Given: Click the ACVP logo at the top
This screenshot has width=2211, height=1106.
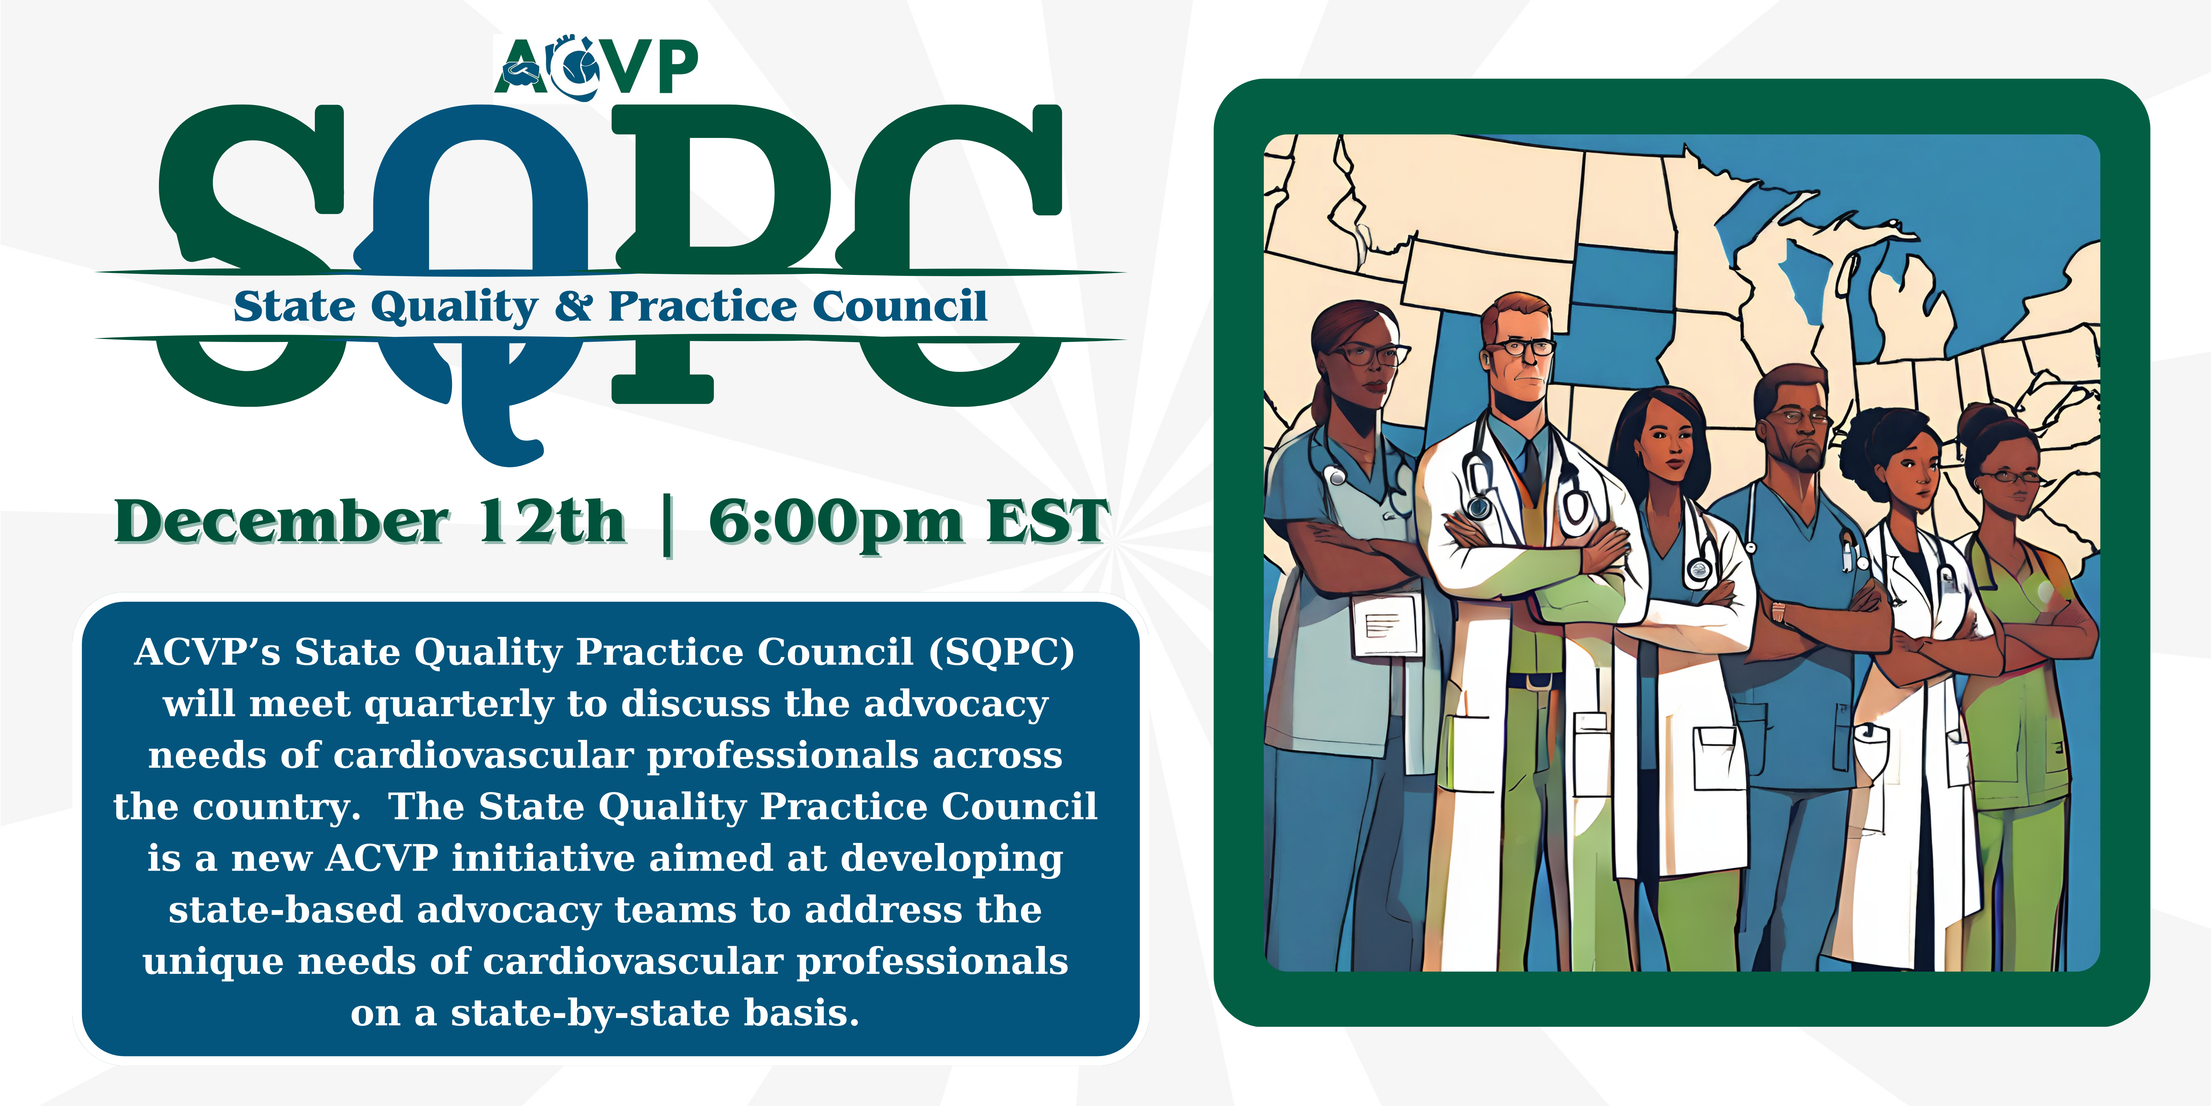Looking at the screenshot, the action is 597,65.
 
